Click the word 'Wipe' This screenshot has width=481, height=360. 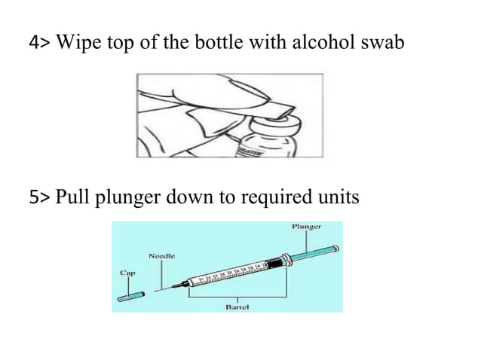coord(75,44)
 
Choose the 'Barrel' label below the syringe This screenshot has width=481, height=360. coord(238,307)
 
